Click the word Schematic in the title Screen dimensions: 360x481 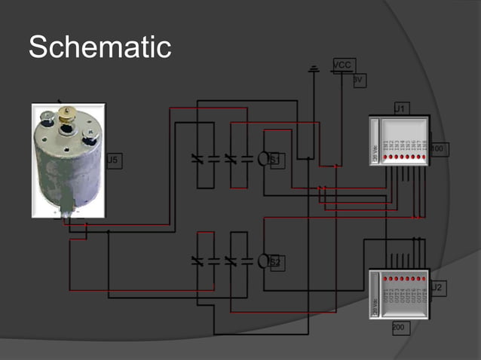100,47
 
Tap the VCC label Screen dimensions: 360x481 342,66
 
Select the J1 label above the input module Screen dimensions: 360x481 400,109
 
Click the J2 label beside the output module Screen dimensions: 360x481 438,287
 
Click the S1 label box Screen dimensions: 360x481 276,160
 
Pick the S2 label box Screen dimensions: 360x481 276,262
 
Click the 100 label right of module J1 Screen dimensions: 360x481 437,149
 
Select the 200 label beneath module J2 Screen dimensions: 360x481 399,328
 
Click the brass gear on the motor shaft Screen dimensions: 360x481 67,114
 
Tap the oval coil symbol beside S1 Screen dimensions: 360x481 263,159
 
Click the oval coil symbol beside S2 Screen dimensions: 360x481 263,261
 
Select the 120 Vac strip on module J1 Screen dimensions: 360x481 375,154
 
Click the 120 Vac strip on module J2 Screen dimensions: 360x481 375,305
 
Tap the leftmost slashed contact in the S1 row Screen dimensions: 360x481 198,159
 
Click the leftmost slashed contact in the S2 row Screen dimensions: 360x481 198,261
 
